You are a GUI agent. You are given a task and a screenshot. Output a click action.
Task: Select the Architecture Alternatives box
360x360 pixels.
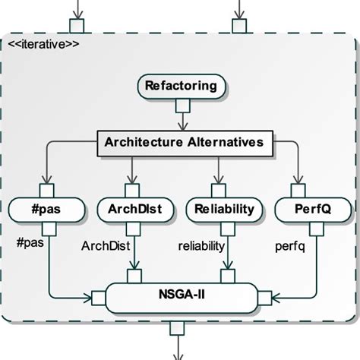(x=183, y=142)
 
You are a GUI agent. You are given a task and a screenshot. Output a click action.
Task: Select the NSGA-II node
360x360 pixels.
(x=180, y=295)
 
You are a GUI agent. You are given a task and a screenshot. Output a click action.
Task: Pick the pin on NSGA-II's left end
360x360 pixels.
(x=98, y=295)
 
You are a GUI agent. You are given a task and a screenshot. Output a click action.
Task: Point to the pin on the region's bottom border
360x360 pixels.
(x=177, y=328)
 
